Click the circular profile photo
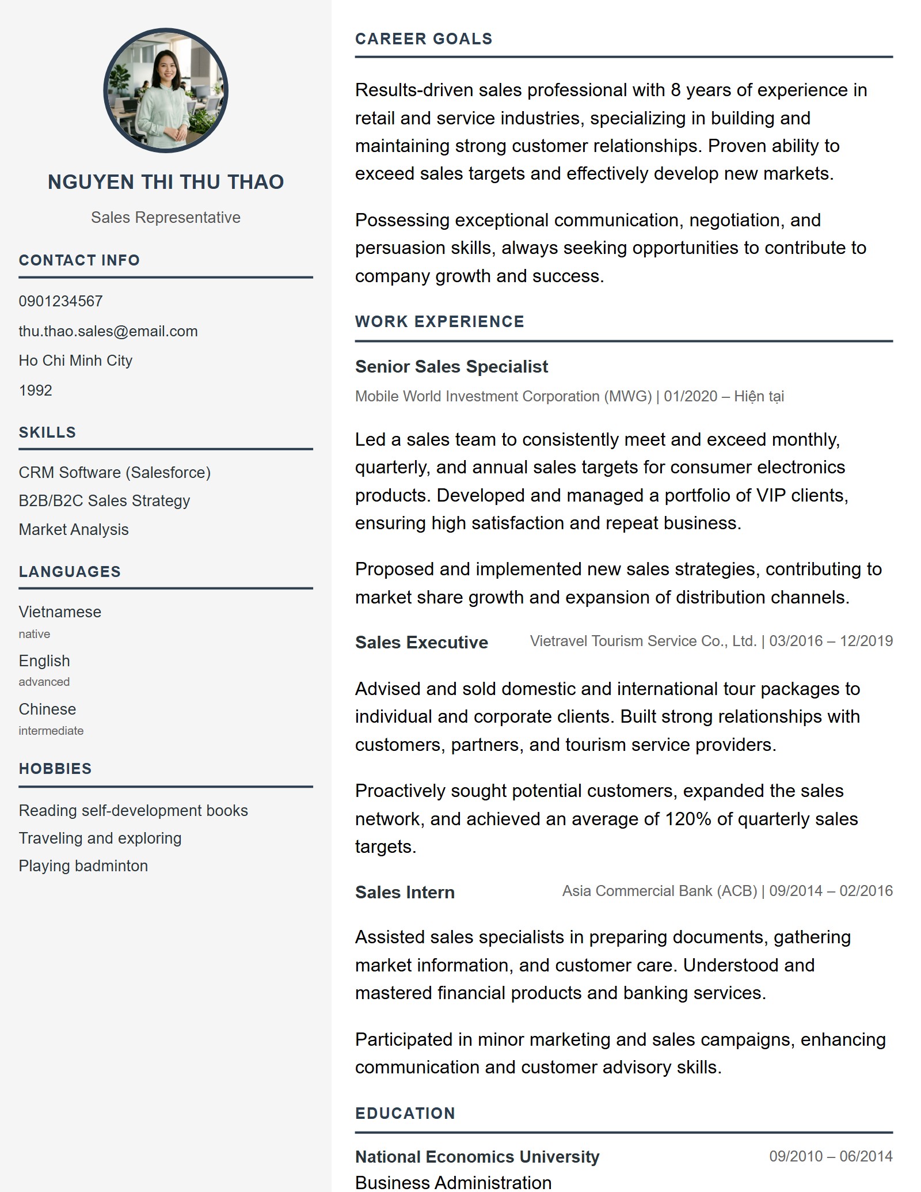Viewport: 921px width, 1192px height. (x=166, y=90)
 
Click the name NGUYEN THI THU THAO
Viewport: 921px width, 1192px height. (x=166, y=182)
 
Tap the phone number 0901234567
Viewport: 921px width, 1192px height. (x=60, y=301)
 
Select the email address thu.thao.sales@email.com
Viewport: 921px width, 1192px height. (x=108, y=331)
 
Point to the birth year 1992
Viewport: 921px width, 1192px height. (x=35, y=390)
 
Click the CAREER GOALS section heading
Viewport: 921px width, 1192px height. (x=424, y=39)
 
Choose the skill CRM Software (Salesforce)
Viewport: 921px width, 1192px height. (x=115, y=472)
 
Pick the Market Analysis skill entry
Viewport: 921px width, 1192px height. (x=74, y=529)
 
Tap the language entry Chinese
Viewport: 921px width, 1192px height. (x=47, y=709)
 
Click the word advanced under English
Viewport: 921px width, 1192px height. (x=44, y=682)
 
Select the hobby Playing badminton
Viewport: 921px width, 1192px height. (x=83, y=865)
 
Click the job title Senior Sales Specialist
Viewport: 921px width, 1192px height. (x=451, y=366)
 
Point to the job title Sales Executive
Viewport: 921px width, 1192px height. (x=421, y=642)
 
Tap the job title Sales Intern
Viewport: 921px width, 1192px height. (x=405, y=892)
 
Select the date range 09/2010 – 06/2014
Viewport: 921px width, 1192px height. (x=831, y=1156)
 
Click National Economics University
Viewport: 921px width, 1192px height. (x=477, y=1156)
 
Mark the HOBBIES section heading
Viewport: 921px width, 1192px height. (x=55, y=769)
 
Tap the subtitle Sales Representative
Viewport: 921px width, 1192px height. (x=166, y=218)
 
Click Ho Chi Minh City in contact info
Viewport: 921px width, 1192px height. (x=75, y=360)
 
